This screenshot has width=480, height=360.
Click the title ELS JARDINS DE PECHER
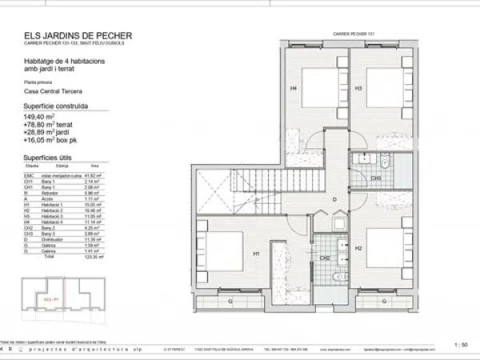(78, 35)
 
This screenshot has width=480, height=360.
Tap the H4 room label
(294, 88)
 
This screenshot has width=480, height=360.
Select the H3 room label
(358, 88)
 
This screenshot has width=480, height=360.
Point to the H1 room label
(256, 254)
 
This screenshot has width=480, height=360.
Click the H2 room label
(358, 249)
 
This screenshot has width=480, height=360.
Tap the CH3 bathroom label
(375, 178)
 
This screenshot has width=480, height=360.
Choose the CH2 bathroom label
(326, 258)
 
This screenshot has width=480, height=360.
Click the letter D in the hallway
(335, 199)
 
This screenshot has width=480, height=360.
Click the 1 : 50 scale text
(460, 345)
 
